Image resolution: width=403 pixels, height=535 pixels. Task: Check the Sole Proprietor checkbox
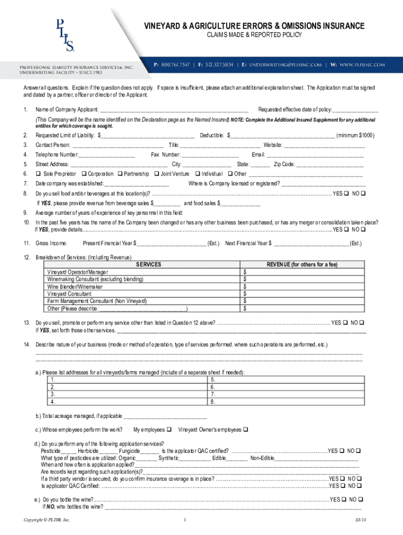[x=38, y=174]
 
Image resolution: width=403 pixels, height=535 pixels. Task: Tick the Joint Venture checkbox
[x=156, y=174]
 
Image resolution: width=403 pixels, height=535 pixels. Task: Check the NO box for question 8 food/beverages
[x=363, y=193]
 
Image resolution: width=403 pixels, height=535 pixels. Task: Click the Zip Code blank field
[x=329, y=164]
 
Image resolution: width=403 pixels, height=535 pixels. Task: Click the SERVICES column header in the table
[x=149, y=265]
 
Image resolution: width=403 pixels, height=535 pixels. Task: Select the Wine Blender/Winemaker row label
[x=75, y=287]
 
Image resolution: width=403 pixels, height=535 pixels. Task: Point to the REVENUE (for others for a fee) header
[x=302, y=265]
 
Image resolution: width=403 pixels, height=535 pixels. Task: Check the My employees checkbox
[x=169, y=430]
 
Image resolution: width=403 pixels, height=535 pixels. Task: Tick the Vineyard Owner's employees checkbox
[x=245, y=430]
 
